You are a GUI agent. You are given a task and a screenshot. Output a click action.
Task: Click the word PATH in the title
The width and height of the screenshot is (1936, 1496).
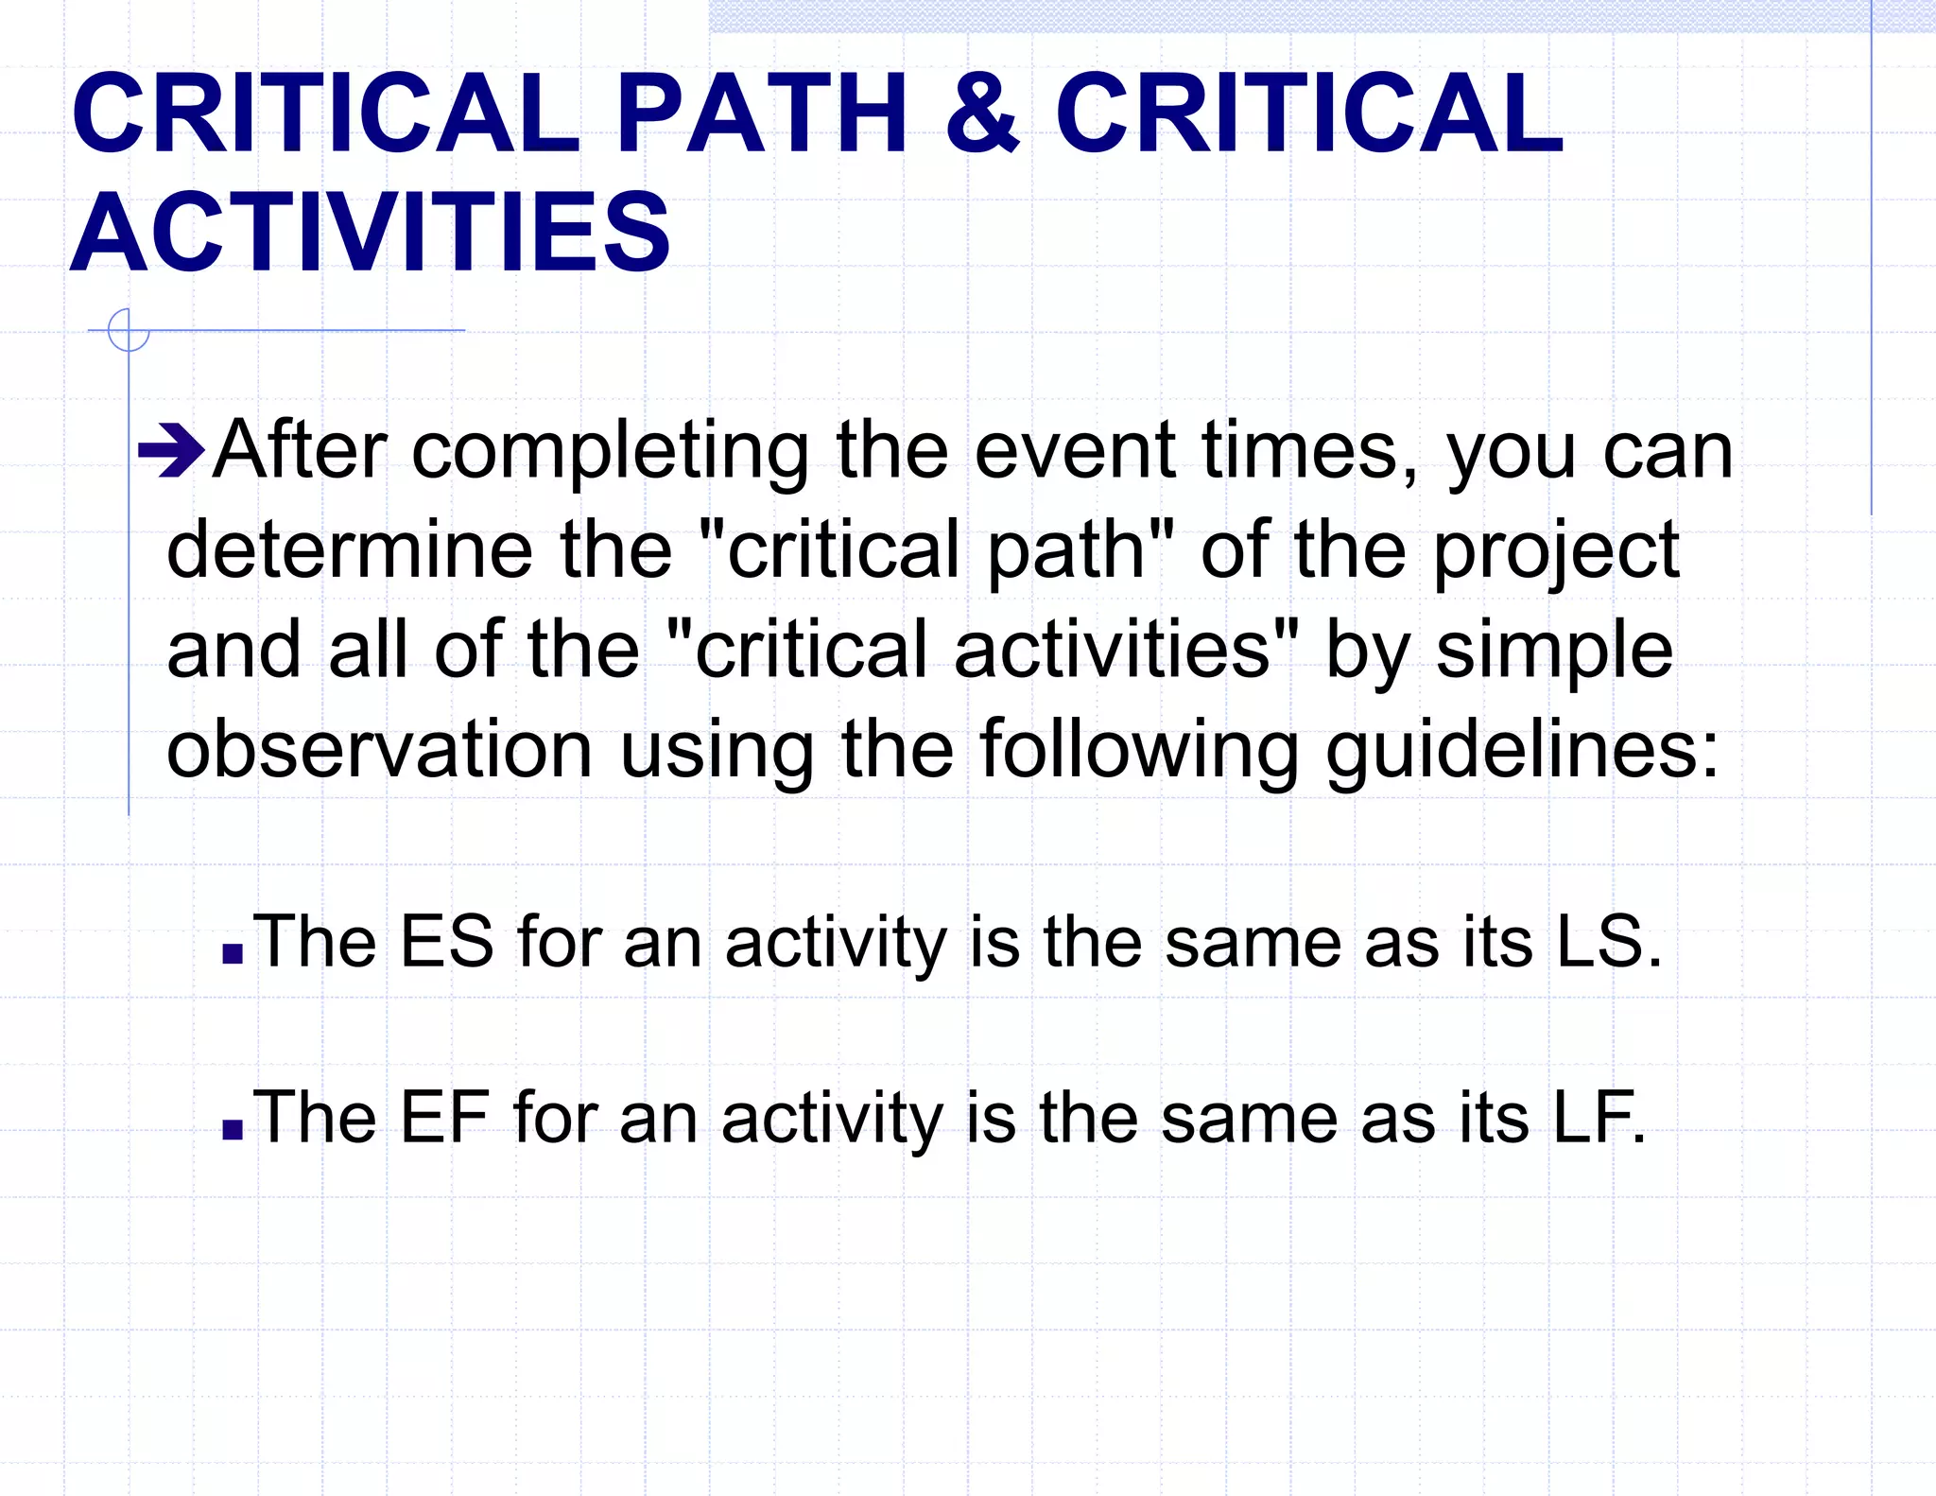point(762,113)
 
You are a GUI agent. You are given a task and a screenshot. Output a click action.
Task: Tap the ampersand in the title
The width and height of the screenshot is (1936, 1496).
point(982,113)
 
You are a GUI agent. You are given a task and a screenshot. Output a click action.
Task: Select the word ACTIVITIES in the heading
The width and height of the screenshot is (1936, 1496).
point(370,232)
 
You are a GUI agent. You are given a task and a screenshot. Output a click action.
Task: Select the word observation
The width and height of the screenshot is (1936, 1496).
point(379,749)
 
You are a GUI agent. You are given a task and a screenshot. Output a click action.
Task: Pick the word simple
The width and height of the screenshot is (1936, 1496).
point(1554,652)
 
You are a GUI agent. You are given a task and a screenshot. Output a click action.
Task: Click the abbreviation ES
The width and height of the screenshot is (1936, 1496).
point(447,942)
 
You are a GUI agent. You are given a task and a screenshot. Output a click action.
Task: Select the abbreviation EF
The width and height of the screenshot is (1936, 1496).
point(444,1117)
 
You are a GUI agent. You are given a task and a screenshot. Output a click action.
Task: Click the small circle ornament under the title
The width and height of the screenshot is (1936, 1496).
point(129,330)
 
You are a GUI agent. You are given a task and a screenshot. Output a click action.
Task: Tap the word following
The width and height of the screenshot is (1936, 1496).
point(1139,749)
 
